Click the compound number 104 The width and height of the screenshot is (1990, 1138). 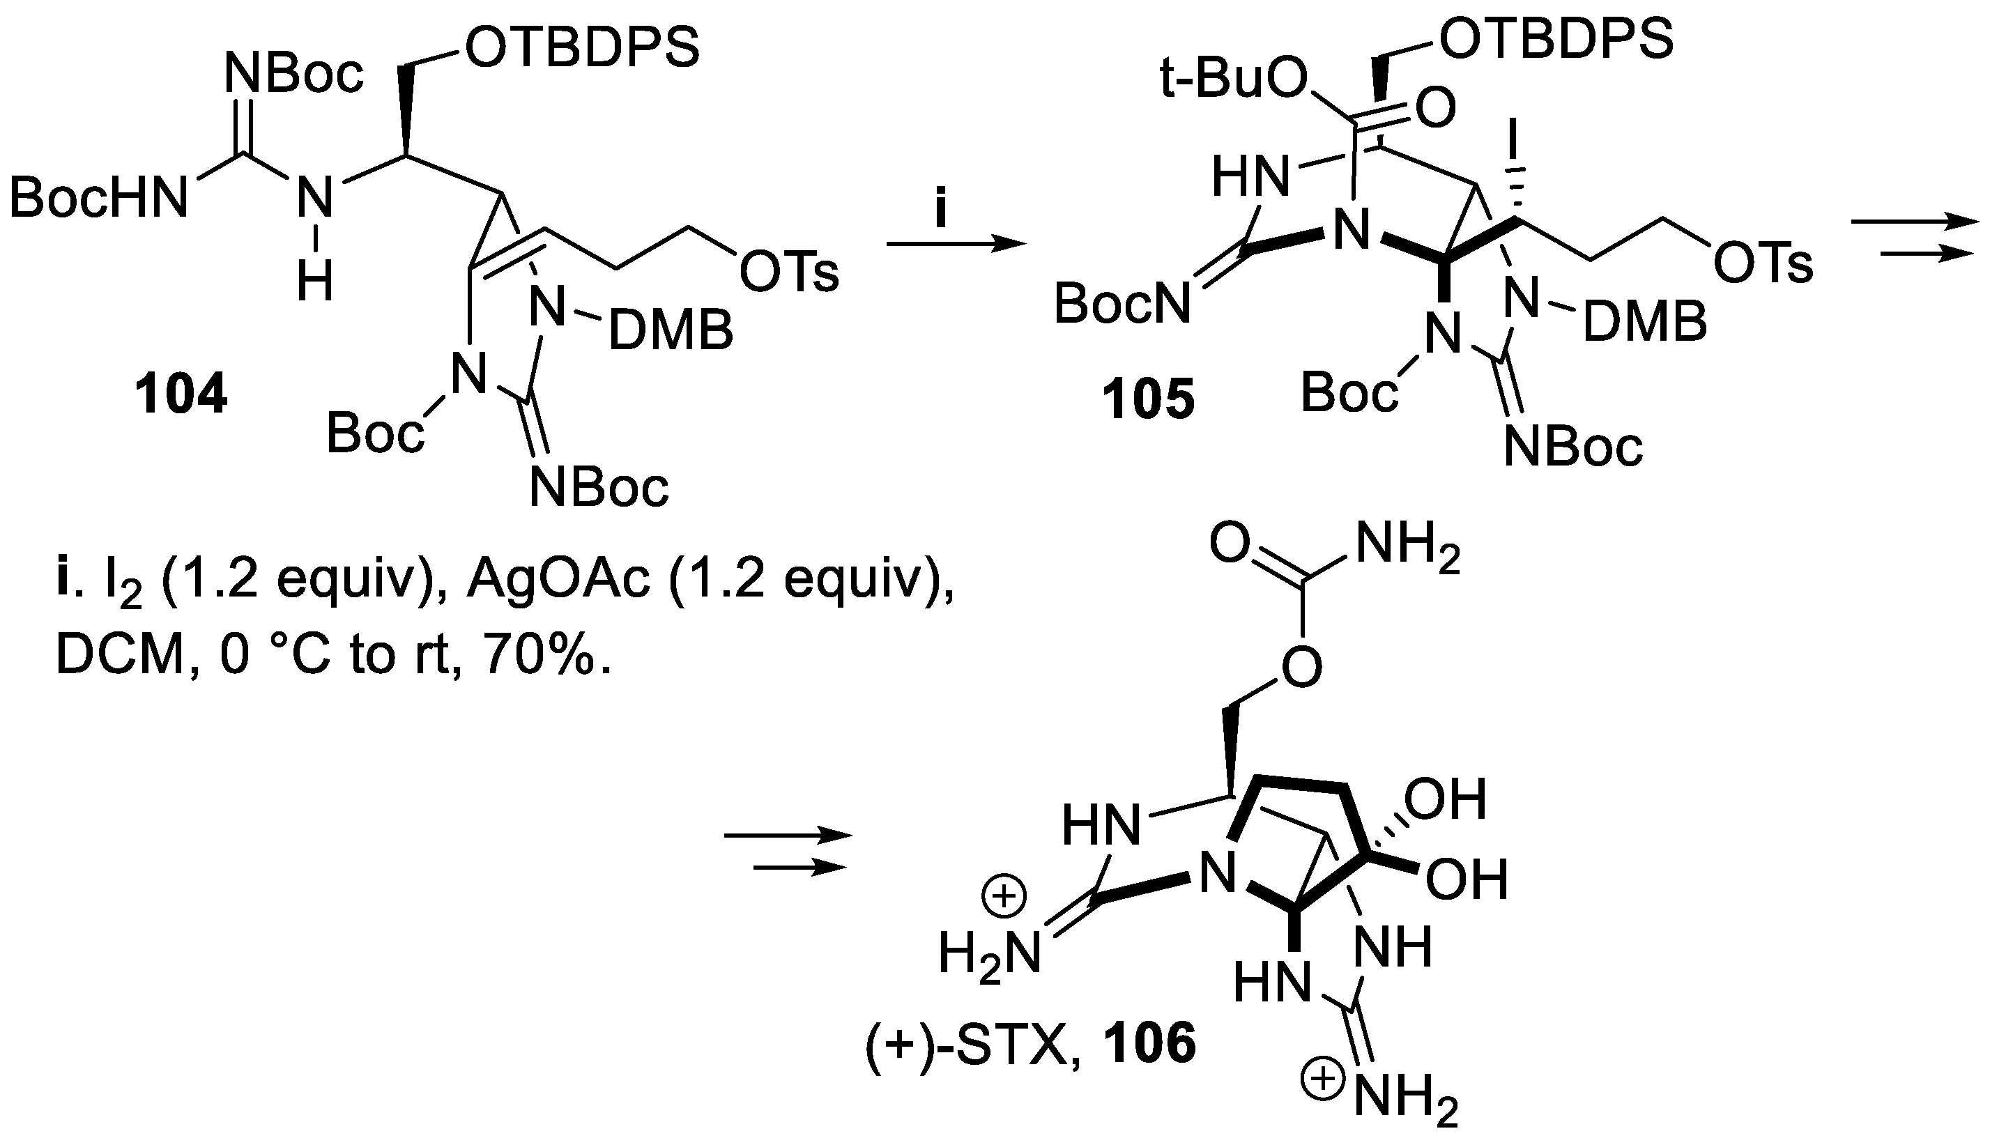coord(181,394)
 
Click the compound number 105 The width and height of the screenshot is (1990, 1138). coord(1148,400)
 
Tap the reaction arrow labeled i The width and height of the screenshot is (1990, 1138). coord(955,245)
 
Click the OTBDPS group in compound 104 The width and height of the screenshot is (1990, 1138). coord(581,49)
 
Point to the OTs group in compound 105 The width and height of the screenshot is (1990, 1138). coord(1763,265)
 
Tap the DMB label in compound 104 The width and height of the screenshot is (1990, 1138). coord(671,330)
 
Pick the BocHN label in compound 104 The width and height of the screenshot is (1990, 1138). coord(99,197)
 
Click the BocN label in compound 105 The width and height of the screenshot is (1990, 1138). coord(1122,303)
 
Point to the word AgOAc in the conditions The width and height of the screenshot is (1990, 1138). coord(558,583)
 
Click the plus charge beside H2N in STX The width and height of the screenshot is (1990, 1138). coord(1004,895)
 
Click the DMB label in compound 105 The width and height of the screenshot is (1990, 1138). coord(1644,323)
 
